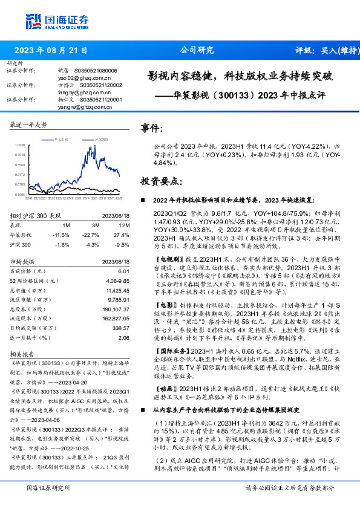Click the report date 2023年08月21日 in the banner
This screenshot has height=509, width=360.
(x=51, y=51)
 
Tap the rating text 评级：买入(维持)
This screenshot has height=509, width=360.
(x=323, y=51)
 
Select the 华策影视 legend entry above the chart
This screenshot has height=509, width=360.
(x=62, y=138)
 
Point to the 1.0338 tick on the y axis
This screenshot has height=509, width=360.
(x=19, y=145)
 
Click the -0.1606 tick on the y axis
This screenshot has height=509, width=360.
(x=19, y=195)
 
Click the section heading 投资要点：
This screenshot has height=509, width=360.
(x=160, y=181)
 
